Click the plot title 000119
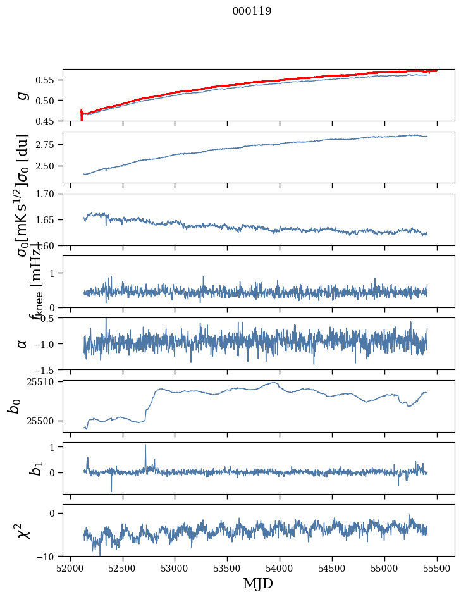pyautogui.click(x=252, y=11)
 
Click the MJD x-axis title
pyautogui.click(x=258, y=584)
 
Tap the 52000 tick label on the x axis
pyautogui.click(x=70, y=569)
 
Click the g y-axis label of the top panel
pyautogui.click(x=23, y=95)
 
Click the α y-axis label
pyautogui.click(x=23, y=343)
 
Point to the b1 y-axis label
pyautogui.click(x=19, y=469)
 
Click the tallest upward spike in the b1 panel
pyautogui.click(x=145, y=445)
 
